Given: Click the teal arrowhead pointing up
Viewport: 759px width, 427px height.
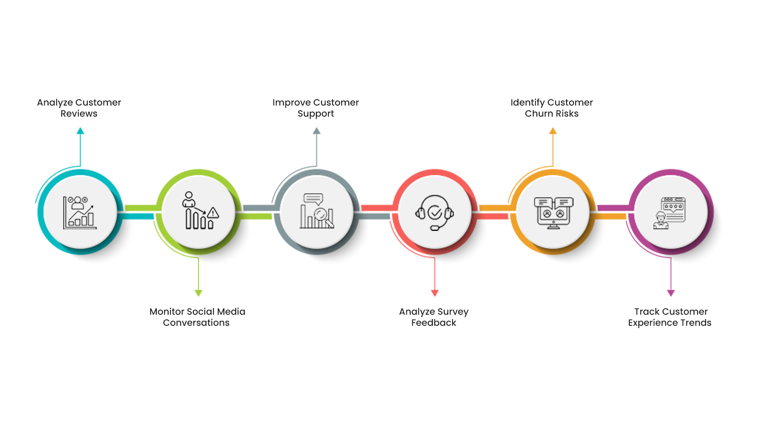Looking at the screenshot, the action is click(80, 130).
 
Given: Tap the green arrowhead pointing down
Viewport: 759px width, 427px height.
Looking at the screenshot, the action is click(198, 293).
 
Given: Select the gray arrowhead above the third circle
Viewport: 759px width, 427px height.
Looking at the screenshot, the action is click(317, 130).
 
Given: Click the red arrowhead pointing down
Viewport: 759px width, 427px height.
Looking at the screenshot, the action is click(435, 293).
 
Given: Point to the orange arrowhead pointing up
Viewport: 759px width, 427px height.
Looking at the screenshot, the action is click(553, 130).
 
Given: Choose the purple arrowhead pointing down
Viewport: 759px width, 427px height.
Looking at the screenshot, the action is click(671, 293).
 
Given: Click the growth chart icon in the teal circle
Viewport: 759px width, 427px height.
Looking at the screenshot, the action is click(80, 213).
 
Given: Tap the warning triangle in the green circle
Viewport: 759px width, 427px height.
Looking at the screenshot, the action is click(213, 213).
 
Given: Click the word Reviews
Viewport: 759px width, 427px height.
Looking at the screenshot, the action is click(79, 114).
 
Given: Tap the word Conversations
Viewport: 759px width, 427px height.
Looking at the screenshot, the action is click(196, 323).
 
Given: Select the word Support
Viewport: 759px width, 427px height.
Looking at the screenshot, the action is click(316, 114).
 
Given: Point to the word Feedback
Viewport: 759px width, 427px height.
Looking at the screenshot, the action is click(434, 323).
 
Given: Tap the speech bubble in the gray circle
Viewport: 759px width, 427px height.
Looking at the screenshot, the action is click(313, 199).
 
